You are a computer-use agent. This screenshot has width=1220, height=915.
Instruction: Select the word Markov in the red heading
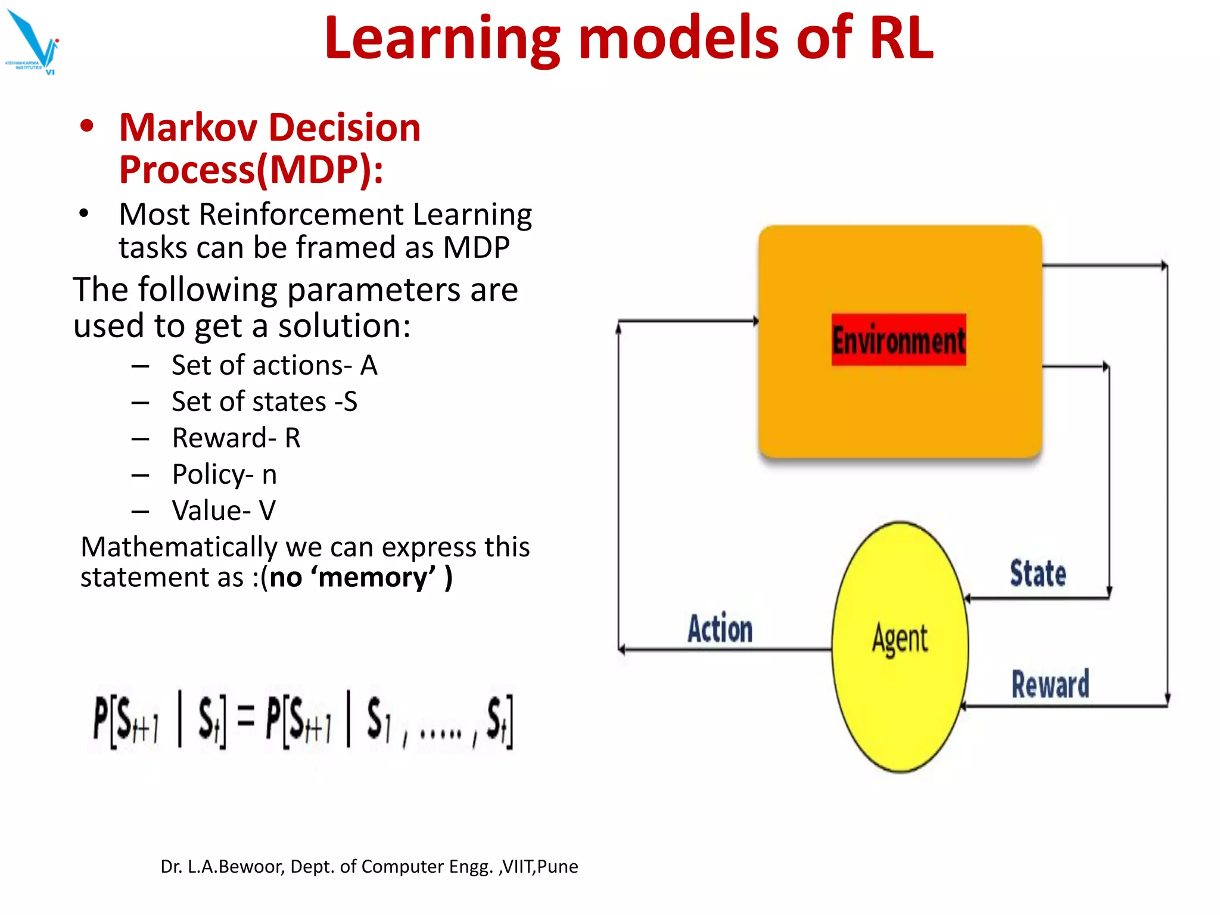tap(188, 127)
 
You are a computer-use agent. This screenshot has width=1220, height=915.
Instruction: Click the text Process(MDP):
tap(251, 170)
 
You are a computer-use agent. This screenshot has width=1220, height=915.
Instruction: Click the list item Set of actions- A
tap(275, 365)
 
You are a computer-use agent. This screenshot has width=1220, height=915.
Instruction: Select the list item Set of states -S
tap(264, 402)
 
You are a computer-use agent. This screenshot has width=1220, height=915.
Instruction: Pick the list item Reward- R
tap(236, 438)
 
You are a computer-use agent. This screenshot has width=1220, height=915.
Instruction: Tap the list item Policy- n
tap(224, 474)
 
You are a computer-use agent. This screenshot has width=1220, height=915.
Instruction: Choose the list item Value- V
tap(223, 511)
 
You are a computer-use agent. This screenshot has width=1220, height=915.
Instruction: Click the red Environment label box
tap(898, 340)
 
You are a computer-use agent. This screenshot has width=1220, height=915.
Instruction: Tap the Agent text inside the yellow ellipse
tap(900, 639)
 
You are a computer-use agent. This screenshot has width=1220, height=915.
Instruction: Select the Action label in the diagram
tap(720, 629)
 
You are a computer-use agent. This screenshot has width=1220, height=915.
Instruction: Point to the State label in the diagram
tap(1038, 574)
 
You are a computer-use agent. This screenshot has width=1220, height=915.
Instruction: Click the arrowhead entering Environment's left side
tap(755, 321)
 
